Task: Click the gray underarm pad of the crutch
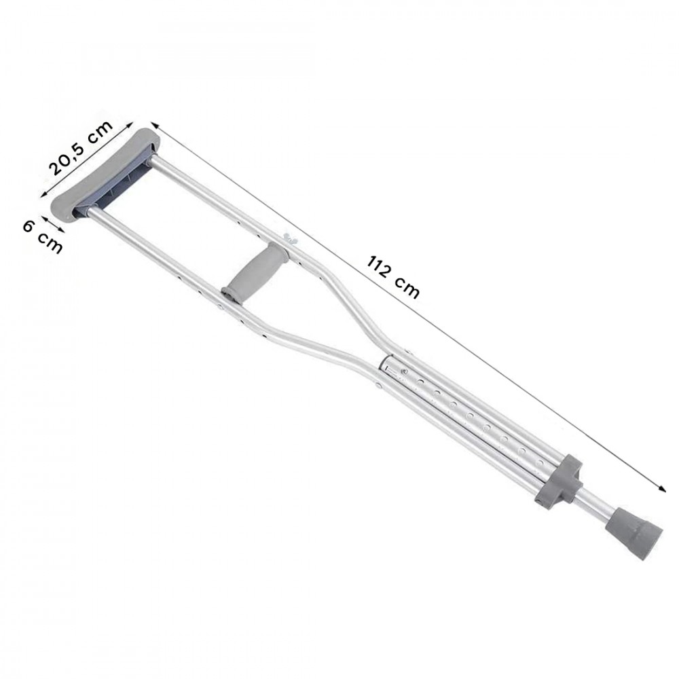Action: tap(104, 173)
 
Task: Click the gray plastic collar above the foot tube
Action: tap(558, 480)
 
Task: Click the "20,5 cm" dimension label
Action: tap(81, 147)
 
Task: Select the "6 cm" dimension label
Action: tap(42, 237)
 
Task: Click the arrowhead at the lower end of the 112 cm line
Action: tap(661, 488)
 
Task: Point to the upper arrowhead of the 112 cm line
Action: tap(155, 125)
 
